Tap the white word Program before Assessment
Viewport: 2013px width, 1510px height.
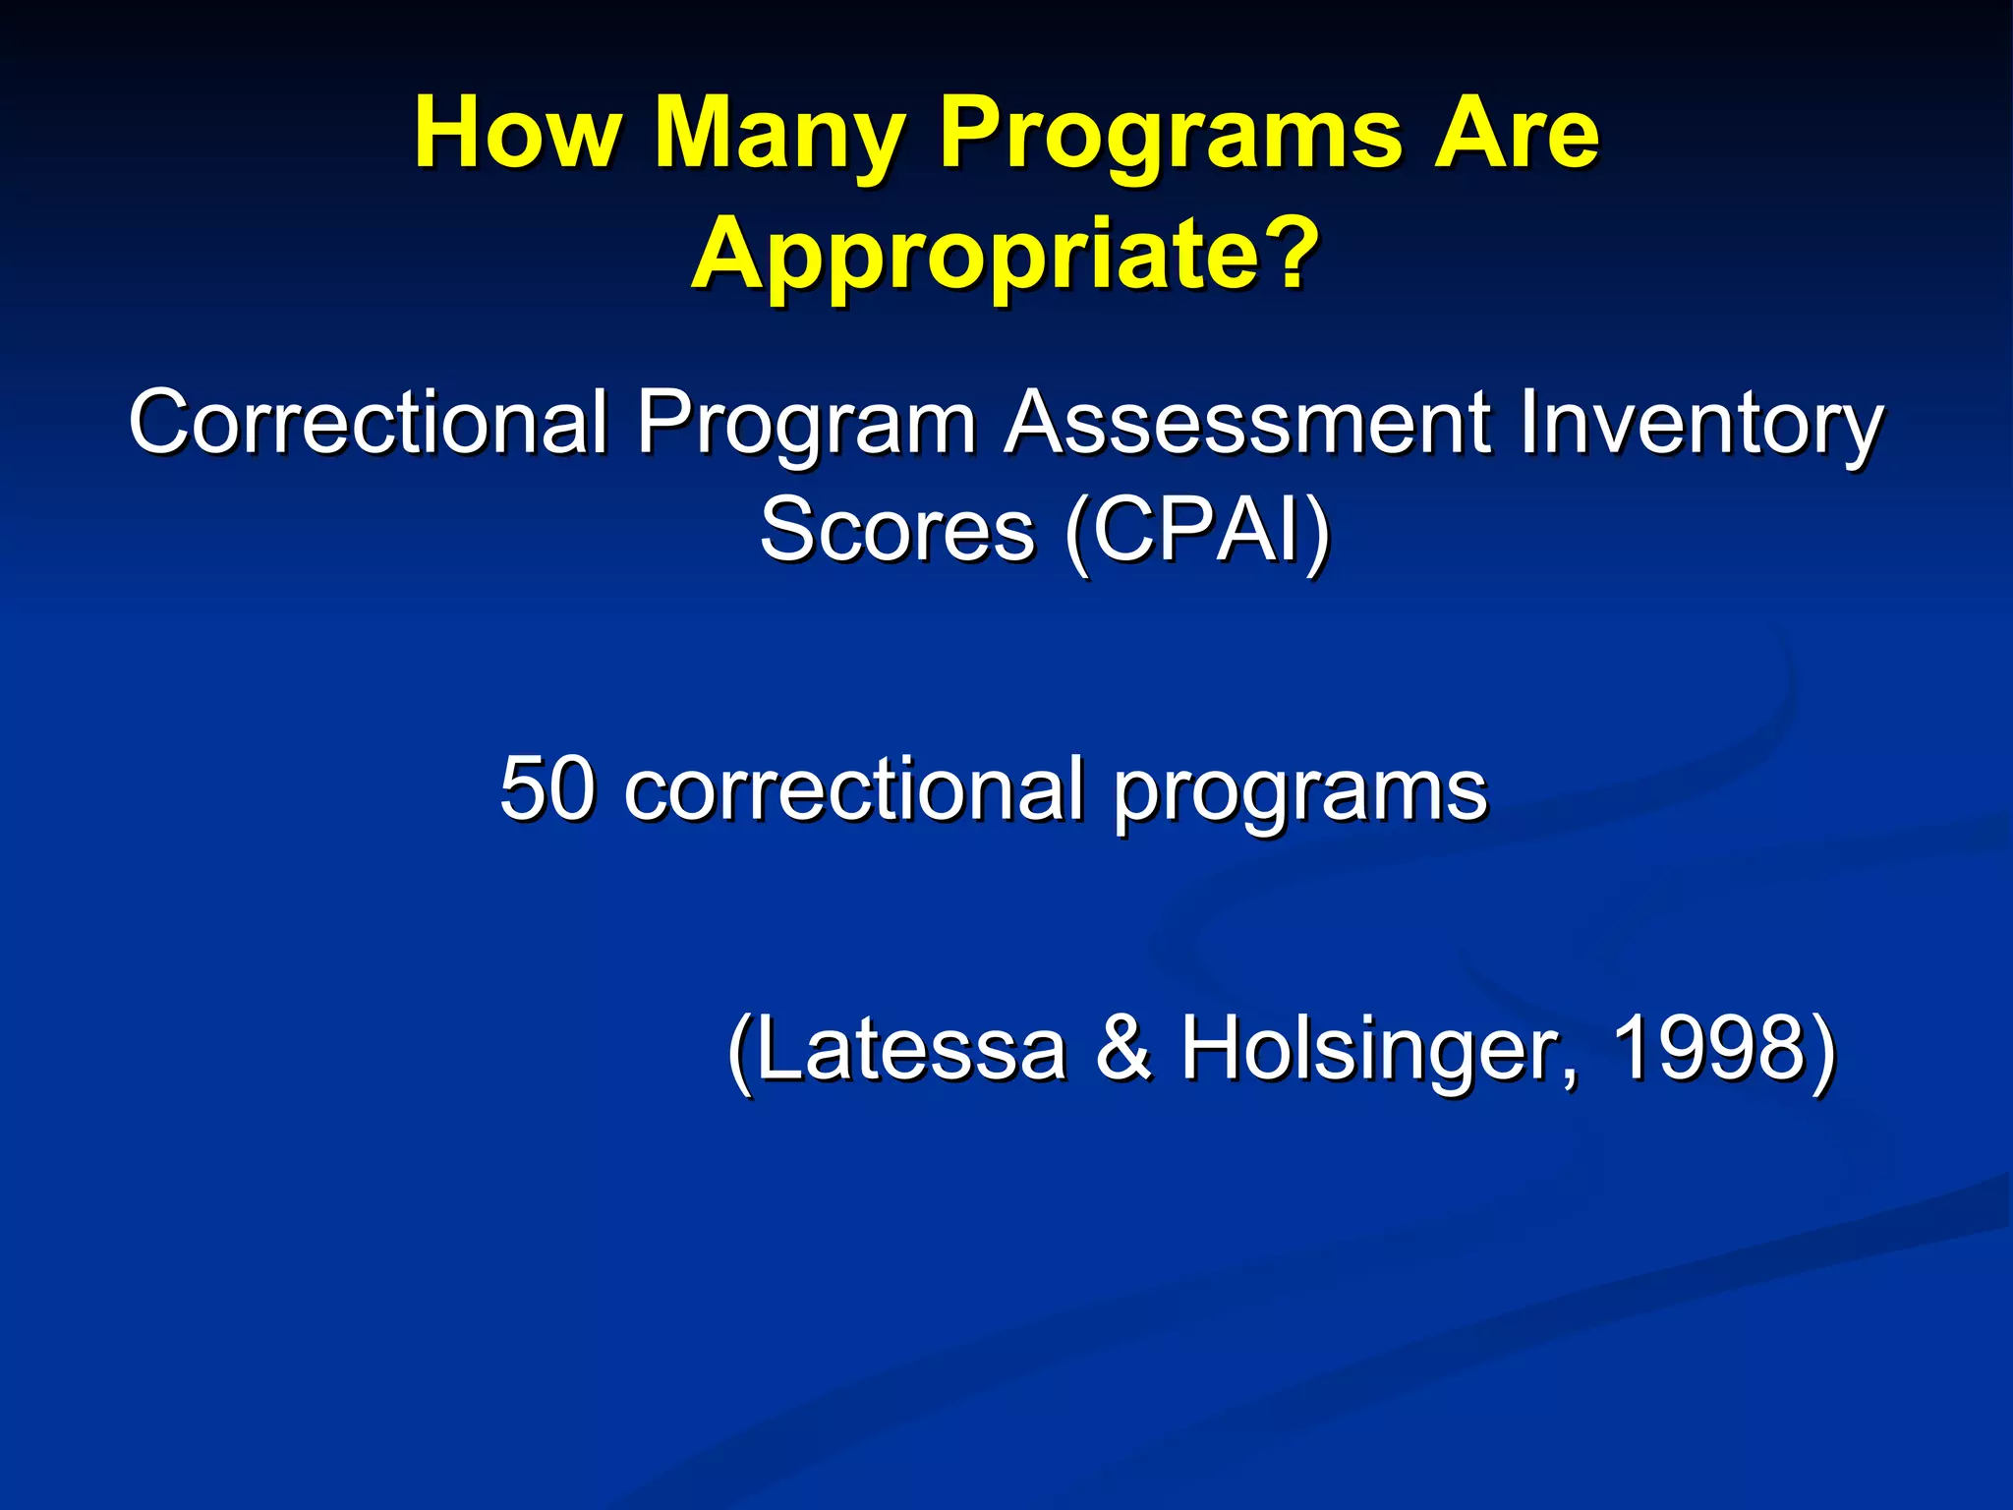(x=806, y=425)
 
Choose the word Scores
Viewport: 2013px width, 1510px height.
(x=896, y=531)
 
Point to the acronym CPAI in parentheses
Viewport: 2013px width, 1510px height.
(x=1197, y=531)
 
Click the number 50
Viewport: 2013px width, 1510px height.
(x=546, y=788)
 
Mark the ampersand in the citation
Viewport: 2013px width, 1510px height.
(x=1122, y=1048)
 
